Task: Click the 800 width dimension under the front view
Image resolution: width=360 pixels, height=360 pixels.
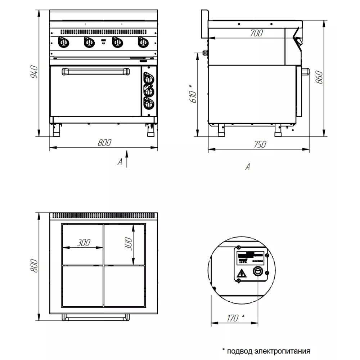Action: coord(104,143)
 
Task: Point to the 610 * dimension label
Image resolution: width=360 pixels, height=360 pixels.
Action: coord(193,94)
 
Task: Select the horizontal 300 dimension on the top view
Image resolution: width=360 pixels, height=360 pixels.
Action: coord(84,243)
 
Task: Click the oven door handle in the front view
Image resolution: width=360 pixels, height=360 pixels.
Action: coord(95,72)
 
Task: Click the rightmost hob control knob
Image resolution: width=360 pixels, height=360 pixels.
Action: coord(143,42)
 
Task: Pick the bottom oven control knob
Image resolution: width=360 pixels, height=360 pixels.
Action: coord(148,104)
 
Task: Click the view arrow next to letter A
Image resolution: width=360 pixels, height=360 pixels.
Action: coord(126,158)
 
